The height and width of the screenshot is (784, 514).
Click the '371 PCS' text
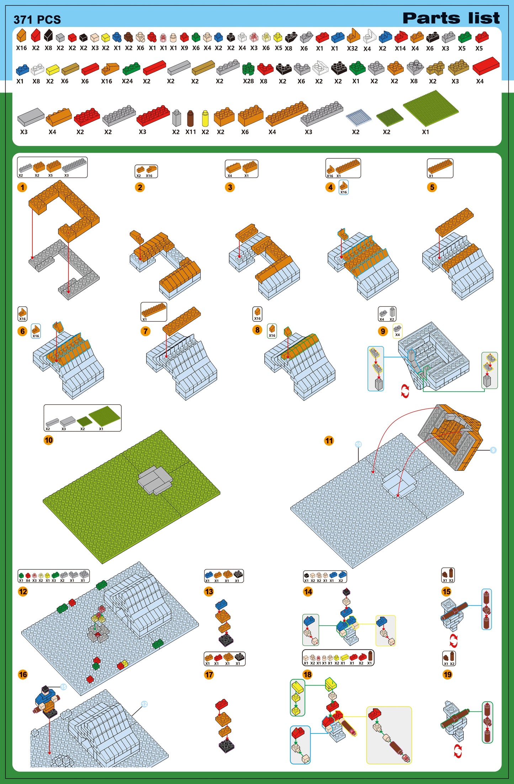click(x=37, y=20)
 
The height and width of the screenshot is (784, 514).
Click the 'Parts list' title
click(x=451, y=18)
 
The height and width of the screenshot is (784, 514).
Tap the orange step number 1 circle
click(x=22, y=187)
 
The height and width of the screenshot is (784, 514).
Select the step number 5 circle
click(x=432, y=187)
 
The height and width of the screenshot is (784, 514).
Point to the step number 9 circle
click(x=383, y=331)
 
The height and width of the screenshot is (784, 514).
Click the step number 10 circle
click(x=48, y=440)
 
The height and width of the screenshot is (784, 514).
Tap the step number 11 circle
click(x=329, y=441)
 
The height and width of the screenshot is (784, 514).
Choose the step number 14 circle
click(x=308, y=591)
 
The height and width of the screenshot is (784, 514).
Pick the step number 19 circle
click(x=447, y=674)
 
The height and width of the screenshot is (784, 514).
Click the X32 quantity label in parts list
click(x=352, y=48)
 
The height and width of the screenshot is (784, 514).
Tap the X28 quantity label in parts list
click(x=248, y=81)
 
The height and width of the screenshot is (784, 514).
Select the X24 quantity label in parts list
click(x=127, y=81)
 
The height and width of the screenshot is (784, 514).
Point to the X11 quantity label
click(x=191, y=132)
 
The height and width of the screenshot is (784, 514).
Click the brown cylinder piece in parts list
click(x=190, y=119)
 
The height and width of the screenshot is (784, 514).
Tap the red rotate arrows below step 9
click(x=405, y=391)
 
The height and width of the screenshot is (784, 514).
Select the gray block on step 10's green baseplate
click(x=155, y=479)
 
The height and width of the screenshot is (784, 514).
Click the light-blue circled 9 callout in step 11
click(x=493, y=450)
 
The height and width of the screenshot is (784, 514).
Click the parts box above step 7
click(x=154, y=312)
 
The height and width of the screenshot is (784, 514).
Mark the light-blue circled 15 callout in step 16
click(x=63, y=687)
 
